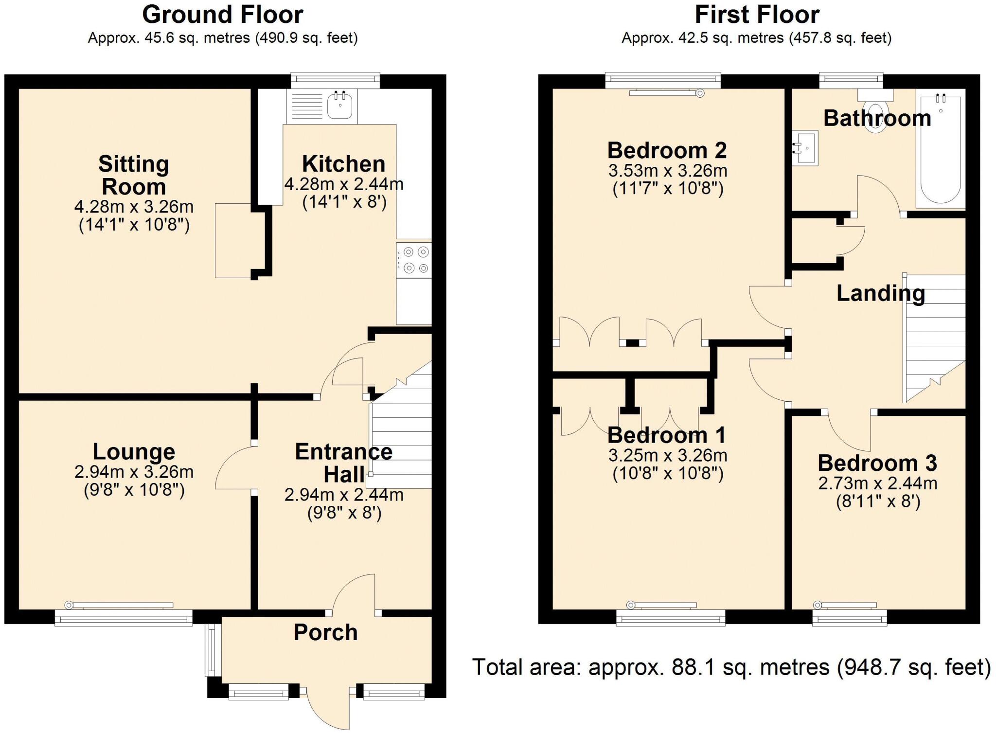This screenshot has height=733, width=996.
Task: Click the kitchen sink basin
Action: tap(340, 105)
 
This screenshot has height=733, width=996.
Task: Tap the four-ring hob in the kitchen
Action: tap(414, 260)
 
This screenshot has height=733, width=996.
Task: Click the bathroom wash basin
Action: tap(805, 148)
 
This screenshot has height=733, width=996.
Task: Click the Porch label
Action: tap(326, 632)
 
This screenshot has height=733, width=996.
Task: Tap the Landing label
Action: tap(881, 294)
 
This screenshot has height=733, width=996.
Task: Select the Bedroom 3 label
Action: tap(877, 463)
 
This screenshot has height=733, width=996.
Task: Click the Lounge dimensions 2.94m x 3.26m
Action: tap(134, 472)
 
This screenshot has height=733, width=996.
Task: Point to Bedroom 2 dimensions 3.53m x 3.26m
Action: tap(668, 171)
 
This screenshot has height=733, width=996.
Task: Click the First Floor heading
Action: tap(757, 15)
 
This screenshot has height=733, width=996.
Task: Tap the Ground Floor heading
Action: tap(223, 15)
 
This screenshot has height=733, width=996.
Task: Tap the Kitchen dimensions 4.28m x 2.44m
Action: tap(344, 184)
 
